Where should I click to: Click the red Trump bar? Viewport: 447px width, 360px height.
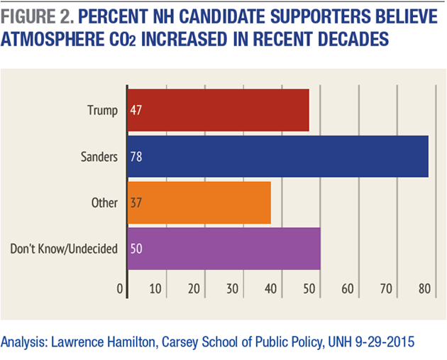click(x=219, y=110)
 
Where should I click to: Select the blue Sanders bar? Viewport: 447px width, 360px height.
click(x=278, y=156)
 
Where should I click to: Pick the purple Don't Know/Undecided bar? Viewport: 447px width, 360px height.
click(x=224, y=249)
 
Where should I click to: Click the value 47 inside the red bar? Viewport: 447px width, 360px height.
click(x=136, y=110)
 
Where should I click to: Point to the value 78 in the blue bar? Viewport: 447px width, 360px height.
click(x=136, y=156)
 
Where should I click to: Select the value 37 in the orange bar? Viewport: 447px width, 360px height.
click(x=136, y=202)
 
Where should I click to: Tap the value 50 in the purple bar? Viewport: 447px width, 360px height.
click(x=136, y=249)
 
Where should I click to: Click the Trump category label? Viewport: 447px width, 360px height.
click(x=102, y=110)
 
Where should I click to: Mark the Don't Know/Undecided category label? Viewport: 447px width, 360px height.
click(x=63, y=249)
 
